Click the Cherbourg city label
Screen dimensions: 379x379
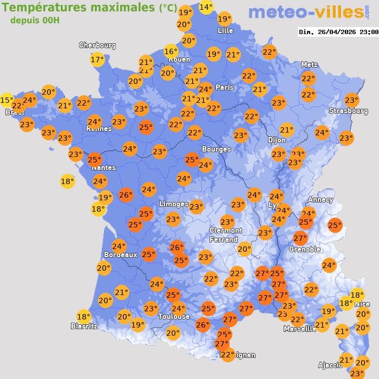pyautogui.click(x=97, y=45)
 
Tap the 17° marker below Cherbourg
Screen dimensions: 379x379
pyautogui.click(x=97, y=60)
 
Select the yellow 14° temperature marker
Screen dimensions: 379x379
pyautogui.click(x=206, y=7)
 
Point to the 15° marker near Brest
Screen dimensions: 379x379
pyautogui.click(x=6, y=100)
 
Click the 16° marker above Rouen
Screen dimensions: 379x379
pyautogui.click(x=171, y=51)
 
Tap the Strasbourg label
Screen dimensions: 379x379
pyautogui.click(x=348, y=111)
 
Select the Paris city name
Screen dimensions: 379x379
pyautogui.click(x=224, y=87)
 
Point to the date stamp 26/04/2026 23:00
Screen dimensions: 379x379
pyautogui.click(x=338, y=32)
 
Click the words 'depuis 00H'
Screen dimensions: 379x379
pyautogui.click(x=35, y=21)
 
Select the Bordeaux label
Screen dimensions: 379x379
pyautogui.click(x=120, y=254)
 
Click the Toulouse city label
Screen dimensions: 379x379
pyautogui.click(x=174, y=316)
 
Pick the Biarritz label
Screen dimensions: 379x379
pyautogui.click(x=84, y=326)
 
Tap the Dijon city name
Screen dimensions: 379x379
pyautogui.click(x=276, y=140)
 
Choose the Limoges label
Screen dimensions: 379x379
pyautogui.click(x=173, y=204)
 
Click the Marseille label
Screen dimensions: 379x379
pyautogui.click(x=299, y=329)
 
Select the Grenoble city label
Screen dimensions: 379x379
pyautogui.click(x=304, y=250)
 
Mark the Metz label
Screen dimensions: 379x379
pyautogui.click(x=309, y=64)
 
